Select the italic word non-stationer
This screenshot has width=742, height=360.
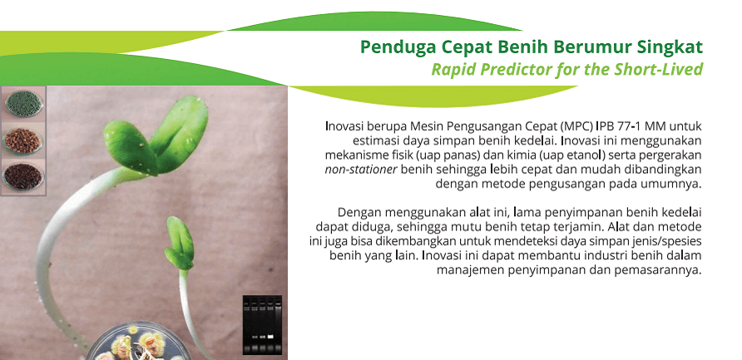[x=361, y=170]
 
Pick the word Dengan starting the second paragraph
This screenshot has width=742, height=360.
[x=354, y=212]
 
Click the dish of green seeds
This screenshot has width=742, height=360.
[x=23, y=104]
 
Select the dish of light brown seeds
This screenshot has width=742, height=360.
[x=22, y=141]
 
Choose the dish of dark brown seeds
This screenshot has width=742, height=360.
[x=22, y=176]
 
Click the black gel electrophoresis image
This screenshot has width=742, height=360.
[x=262, y=324]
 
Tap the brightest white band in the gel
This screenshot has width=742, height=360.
[x=270, y=337]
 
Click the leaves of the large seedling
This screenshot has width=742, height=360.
[x=156, y=136]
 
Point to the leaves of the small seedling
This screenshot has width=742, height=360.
[x=180, y=243]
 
